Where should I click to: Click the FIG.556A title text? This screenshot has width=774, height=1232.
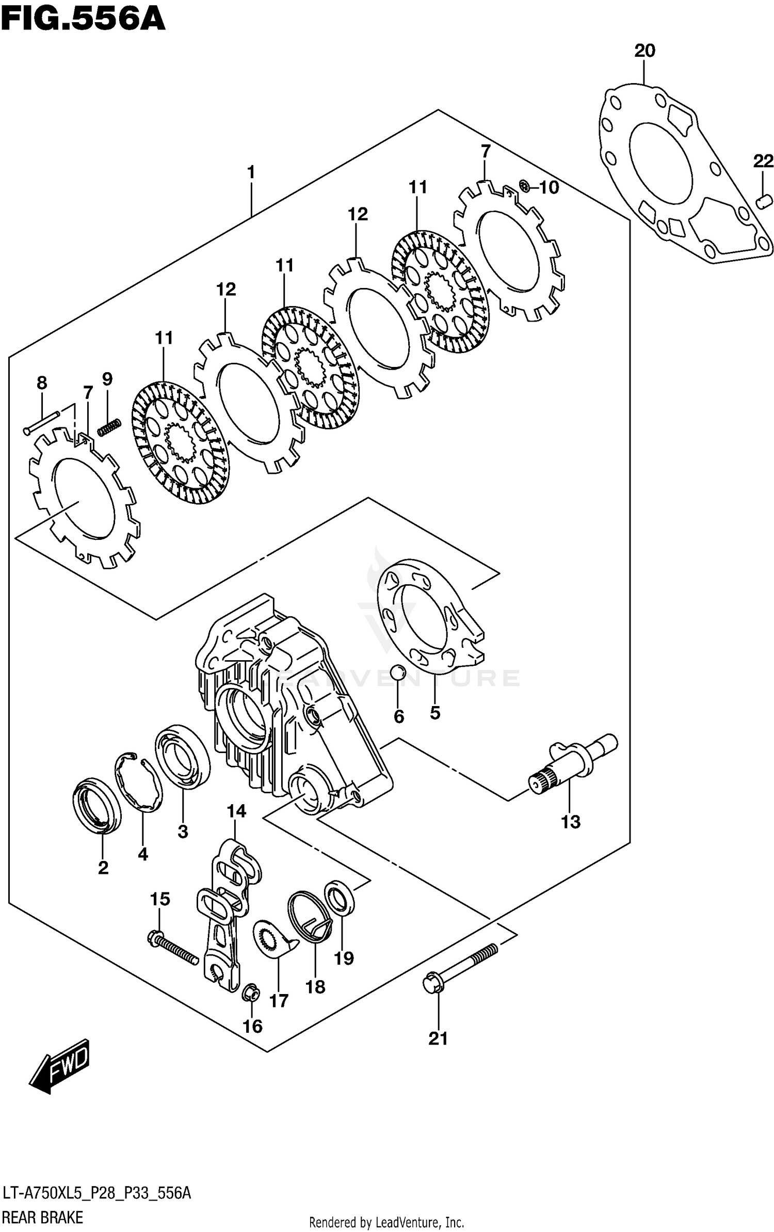(83, 20)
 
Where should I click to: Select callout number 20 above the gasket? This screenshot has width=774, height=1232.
(644, 51)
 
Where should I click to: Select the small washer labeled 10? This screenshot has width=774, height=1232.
(524, 186)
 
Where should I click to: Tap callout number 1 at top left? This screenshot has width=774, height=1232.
(251, 172)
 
